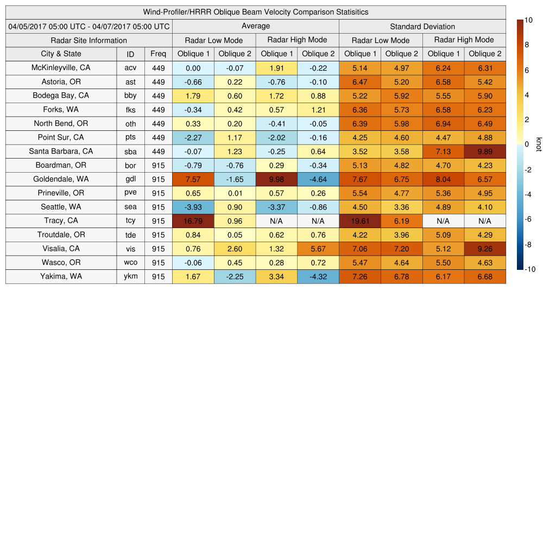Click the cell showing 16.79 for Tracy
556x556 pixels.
193,221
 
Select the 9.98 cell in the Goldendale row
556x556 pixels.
276,179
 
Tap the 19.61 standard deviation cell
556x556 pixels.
359,221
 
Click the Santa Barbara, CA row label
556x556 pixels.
61,151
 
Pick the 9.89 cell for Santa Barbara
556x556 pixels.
485,151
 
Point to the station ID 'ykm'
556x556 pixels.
130,276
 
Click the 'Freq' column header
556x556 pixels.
159,54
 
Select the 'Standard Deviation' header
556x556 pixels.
422,27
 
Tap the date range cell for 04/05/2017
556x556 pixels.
89,27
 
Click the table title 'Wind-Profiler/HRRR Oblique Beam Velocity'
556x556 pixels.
256,12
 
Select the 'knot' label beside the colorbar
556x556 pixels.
539,144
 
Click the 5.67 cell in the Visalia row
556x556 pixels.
318,249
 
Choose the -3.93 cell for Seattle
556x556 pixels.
193,207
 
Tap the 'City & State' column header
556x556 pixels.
61,54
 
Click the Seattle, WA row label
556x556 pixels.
61,207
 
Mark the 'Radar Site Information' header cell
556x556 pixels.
89,40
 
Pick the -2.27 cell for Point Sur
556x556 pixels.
193,137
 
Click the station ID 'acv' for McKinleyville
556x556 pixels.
130,68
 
